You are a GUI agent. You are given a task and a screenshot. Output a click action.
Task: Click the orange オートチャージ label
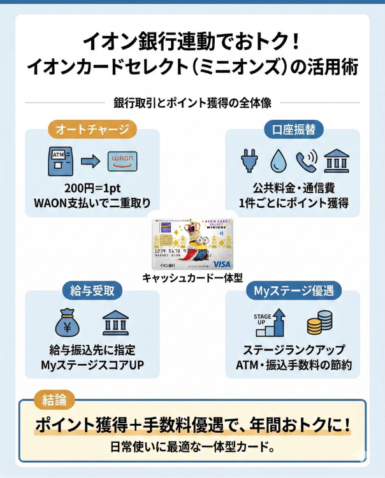[x=92, y=129]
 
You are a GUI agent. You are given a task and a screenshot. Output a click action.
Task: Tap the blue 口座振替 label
[x=294, y=129]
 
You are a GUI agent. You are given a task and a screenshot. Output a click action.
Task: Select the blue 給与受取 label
[x=92, y=291]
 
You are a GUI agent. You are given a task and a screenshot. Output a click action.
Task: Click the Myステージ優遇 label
[x=293, y=291]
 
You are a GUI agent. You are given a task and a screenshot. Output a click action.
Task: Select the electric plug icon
[x=247, y=161]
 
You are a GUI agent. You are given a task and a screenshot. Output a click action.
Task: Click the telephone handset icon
[x=306, y=161]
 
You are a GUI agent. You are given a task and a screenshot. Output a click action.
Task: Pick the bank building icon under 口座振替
[x=336, y=161]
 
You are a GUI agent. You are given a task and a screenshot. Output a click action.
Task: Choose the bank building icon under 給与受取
[x=115, y=323]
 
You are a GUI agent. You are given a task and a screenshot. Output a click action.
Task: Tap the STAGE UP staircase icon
[x=270, y=323]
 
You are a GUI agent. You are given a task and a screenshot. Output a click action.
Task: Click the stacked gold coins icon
[x=319, y=323]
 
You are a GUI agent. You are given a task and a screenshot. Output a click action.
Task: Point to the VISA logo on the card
[x=222, y=263]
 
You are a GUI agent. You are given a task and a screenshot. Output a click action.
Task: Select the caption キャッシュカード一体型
[x=192, y=278]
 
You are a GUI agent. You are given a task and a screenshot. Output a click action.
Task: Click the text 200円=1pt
[x=92, y=189]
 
